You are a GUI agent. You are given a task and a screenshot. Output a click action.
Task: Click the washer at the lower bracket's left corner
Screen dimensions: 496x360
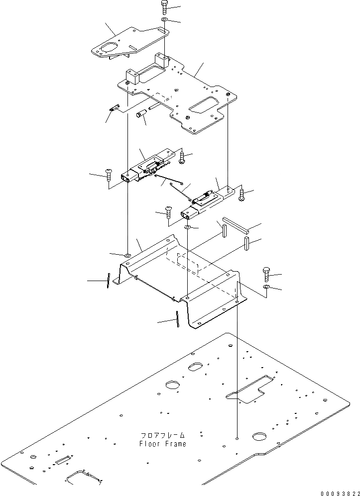[x=127, y=255]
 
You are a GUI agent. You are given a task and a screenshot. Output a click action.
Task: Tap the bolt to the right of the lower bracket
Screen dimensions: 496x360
[x=265, y=273]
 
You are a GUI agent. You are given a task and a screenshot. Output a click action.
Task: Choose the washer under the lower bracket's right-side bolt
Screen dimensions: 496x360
[x=266, y=288]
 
